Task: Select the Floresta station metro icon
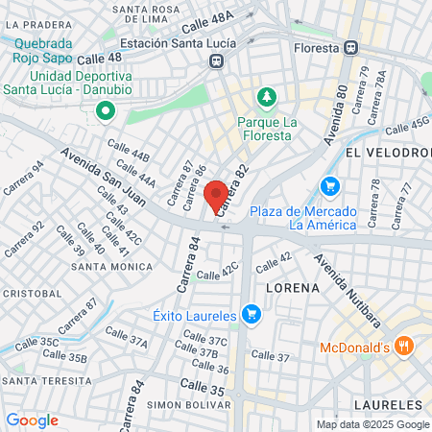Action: (352, 47)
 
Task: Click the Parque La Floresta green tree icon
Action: (266, 97)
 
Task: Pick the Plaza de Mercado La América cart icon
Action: (331, 186)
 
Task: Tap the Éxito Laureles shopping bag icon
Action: (252, 313)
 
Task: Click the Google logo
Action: (33, 420)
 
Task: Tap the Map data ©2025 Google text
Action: (373, 424)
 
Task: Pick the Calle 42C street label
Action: (216, 276)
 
